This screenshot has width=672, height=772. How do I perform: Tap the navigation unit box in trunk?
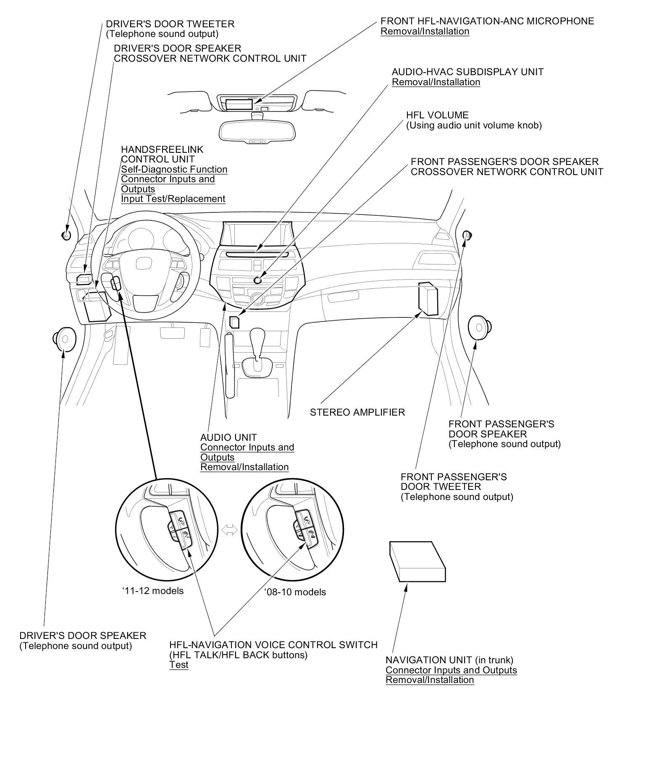pyautogui.click(x=417, y=562)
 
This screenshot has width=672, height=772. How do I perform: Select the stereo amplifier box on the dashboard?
pyautogui.click(x=428, y=299)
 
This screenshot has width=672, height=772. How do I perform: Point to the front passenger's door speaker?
pyautogui.click(x=479, y=327)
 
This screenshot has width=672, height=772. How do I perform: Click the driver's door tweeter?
pyautogui.click(x=66, y=235)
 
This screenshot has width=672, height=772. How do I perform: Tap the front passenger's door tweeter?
pyautogui.click(x=466, y=235)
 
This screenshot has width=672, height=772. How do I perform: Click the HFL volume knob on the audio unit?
pyautogui.click(x=257, y=280)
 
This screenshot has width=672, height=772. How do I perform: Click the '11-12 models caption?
pyautogui.click(x=153, y=591)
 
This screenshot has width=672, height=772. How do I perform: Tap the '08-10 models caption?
pyautogui.click(x=295, y=592)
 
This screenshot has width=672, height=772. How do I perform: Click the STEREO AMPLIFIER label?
pyautogui.click(x=357, y=412)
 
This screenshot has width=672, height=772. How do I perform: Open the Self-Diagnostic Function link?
pyautogui.click(x=174, y=169)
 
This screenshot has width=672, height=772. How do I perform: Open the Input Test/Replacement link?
pyautogui.click(x=173, y=199)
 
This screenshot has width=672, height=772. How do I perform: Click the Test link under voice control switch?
pyautogui.click(x=178, y=665)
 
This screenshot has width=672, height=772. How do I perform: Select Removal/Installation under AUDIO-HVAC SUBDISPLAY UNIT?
pyautogui.click(x=436, y=82)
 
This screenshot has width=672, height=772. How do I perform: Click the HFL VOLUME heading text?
pyautogui.click(x=437, y=115)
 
